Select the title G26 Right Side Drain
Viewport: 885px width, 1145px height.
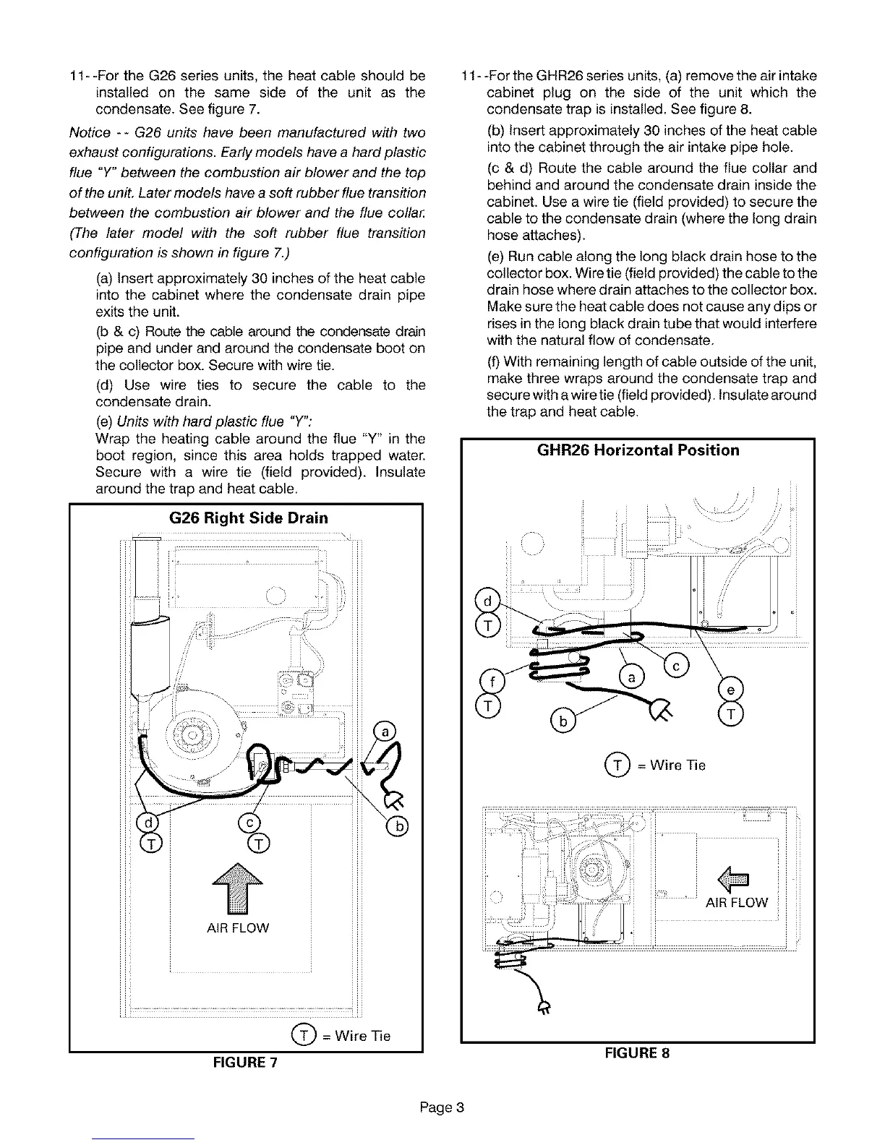[248, 518]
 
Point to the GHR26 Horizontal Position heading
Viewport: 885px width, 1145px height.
[638, 450]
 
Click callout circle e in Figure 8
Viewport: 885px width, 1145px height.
[731, 690]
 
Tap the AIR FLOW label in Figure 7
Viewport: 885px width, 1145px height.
[237, 927]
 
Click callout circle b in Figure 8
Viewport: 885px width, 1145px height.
[562, 721]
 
